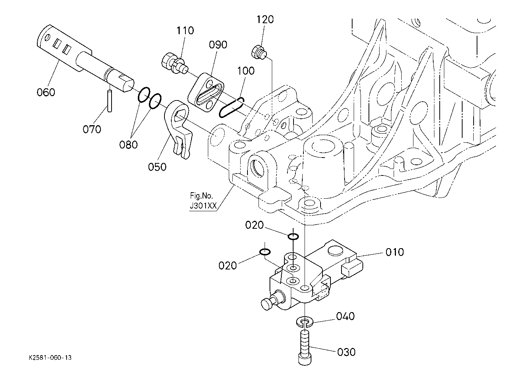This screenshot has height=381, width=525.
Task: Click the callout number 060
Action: (46, 92)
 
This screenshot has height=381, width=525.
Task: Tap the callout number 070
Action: (92, 129)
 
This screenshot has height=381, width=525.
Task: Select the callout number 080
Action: (128, 145)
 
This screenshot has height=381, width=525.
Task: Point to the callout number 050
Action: (157, 167)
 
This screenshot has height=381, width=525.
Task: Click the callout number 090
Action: (218, 45)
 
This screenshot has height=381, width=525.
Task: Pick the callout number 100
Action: (246, 71)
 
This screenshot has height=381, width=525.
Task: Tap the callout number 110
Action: (185, 30)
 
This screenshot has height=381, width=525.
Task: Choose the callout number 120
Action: (265, 19)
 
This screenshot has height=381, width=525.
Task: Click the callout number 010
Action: (395, 252)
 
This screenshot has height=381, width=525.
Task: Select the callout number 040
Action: (345, 316)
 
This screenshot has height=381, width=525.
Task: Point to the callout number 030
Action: (346, 352)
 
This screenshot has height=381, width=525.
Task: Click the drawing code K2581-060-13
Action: (50, 357)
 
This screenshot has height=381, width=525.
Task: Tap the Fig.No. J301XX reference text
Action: (203, 201)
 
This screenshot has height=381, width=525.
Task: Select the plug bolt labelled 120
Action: (259, 53)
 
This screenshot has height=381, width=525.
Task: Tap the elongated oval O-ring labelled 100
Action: (231, 108)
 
